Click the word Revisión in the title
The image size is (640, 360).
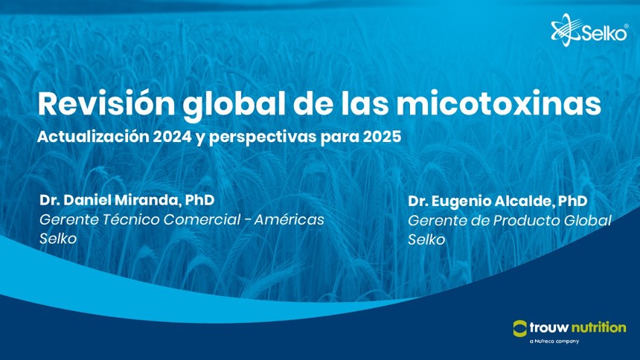pyautogui.click(x=106, y=103)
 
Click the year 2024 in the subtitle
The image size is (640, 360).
pyautogui.click(x=172, y=137)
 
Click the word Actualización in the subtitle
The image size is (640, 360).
pyautogui.click(x=93, y=137)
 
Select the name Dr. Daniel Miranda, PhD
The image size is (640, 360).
pyautogui.click(x=127, y=200)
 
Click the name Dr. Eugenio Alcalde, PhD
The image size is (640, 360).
pyautogui.click(x=498, y=201)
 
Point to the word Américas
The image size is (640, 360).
pyautogui.click(x=289, y=219)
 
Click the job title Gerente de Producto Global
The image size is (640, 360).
pyautogui.click(x=509, y=220)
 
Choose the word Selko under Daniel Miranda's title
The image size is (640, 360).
pyautogui.click(x=58, y=238)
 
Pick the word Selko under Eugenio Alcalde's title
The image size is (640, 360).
pyautogui.click(x=426, y=240)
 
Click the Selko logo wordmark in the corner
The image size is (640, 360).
pyautogui.click(x=604, y=33)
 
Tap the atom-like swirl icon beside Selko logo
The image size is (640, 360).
pyautogui.click(x=566, y=30)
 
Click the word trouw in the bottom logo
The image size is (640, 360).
pyautogui.click(x=549, y=327)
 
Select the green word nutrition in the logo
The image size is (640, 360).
pyautogui.click(x=598, y=327)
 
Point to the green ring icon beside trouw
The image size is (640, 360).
pyautogui.click(x=520, y=328)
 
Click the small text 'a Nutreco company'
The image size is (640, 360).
pyautogui.click(x=554, y=341)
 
